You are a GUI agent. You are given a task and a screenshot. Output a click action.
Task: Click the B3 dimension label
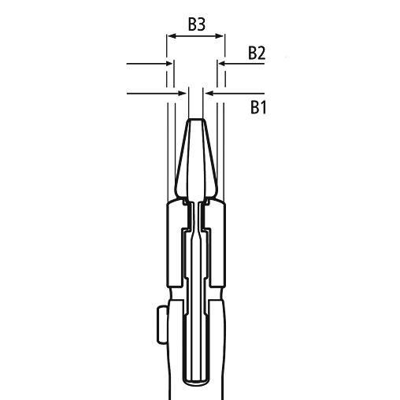[197, 24]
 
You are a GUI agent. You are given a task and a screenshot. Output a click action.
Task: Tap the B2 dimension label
[257, 54]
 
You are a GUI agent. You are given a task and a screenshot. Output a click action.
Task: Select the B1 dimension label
[258, 107]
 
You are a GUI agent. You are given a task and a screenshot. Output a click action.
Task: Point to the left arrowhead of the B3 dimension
[172, 36]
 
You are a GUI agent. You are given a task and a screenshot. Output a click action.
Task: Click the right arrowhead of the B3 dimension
[220, 36]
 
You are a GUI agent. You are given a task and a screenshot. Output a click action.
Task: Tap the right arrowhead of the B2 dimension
[223, 64]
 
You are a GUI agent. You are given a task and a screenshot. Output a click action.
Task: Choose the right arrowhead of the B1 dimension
[210, 93]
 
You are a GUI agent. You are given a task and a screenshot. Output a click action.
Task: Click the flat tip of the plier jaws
[196, 120]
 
